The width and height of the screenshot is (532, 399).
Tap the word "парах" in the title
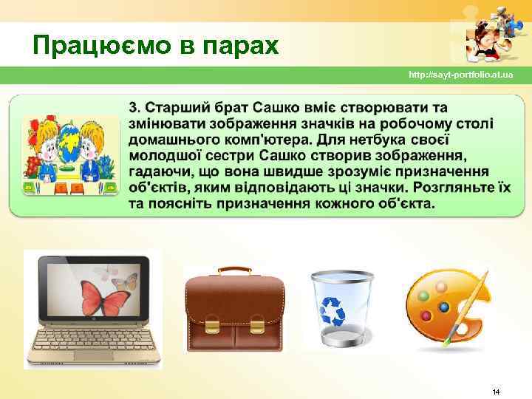point(243,47)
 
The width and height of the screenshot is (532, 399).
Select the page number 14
point(496,390)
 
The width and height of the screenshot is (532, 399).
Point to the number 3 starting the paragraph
point(134,106)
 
